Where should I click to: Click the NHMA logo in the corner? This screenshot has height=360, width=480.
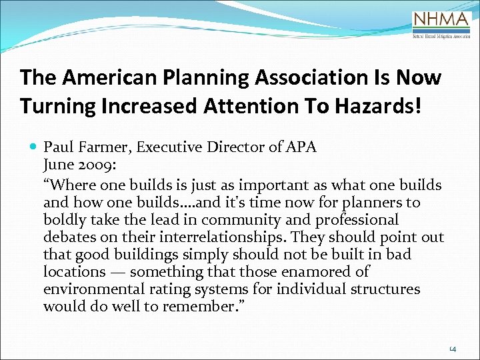[441, 25]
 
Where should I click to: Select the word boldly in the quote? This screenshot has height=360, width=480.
[64, 220]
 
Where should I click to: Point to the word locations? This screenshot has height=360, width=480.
[74, 272]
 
